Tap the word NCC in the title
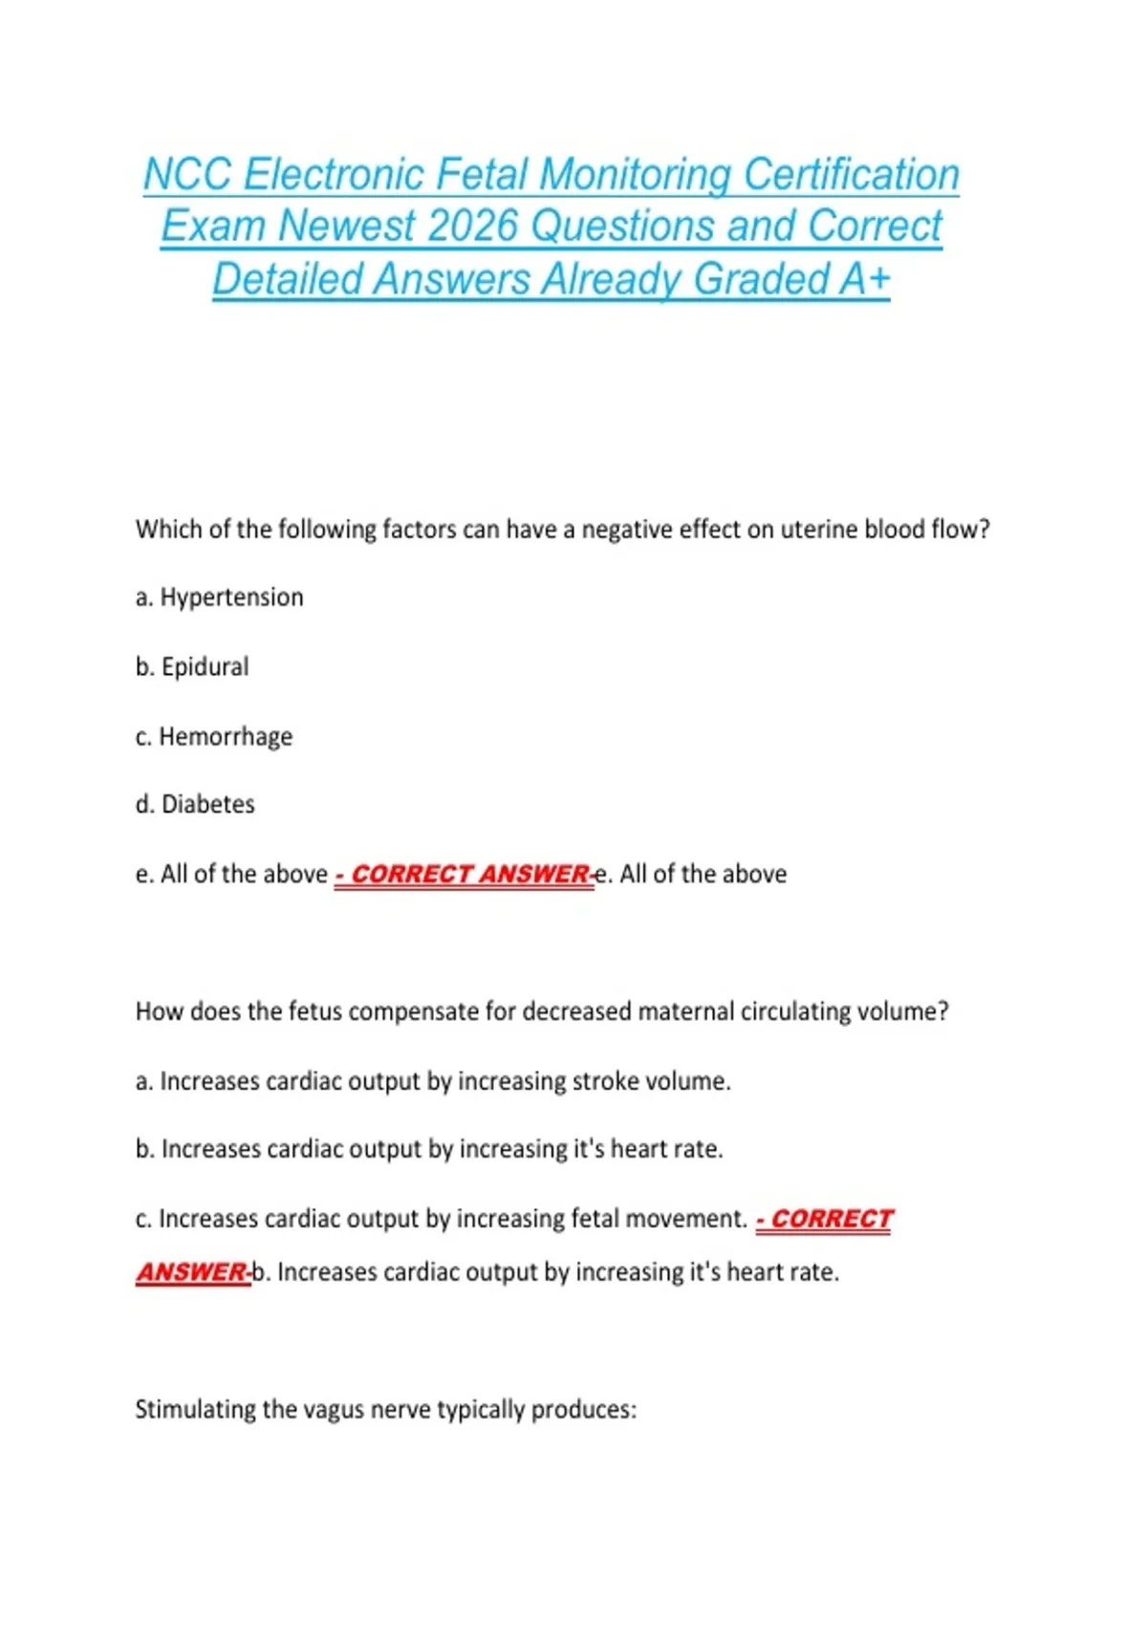[187, 175]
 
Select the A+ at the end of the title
[865, 279]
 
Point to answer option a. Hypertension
[219, 597]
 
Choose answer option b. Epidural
[192, 666]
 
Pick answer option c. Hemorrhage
[214, 736]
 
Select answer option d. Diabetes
[195, 804]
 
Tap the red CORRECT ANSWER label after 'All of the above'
[464, 875]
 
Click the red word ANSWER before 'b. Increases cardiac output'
[191, 1272]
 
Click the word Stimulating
[195, 1410]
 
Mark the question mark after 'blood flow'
[984, 530]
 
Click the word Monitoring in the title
[637, 175]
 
